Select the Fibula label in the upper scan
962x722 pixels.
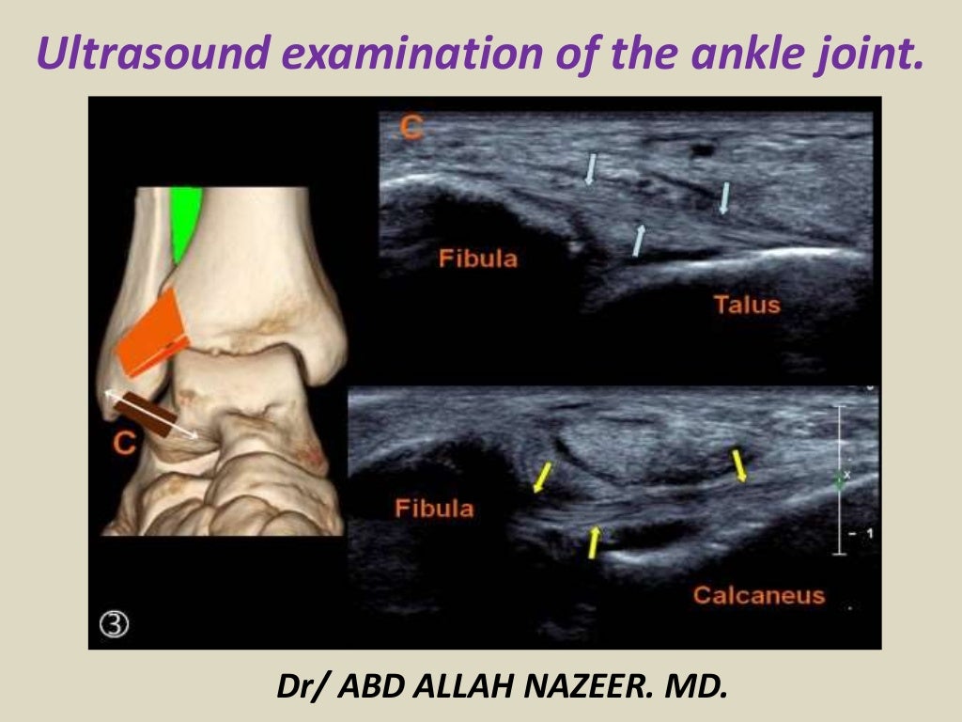(478, 258)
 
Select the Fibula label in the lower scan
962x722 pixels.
(434, 509)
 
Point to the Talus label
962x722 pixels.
(746, 304)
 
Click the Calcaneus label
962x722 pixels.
(758, 594)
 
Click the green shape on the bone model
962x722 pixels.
(185, 221)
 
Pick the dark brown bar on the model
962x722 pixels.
(152, 415)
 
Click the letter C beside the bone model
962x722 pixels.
(126, 445)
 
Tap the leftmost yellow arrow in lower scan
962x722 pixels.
(542, 476)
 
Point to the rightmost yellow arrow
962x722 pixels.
(740, 464)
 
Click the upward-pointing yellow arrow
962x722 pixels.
(594, 541)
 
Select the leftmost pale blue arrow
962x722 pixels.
(590, 168)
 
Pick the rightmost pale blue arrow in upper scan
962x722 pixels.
(724, 197)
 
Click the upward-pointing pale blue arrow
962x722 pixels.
(640, 239)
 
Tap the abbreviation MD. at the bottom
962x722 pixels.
(696, 686)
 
